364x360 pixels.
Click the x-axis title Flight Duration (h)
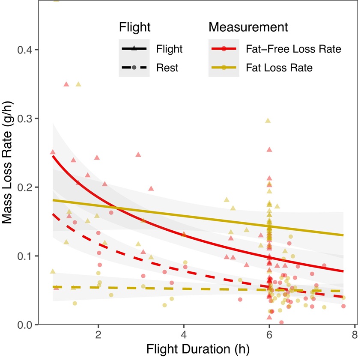point(197,349)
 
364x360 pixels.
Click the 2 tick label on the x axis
point(98,334)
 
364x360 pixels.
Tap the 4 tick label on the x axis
point(184,334)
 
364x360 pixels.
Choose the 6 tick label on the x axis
point(269,334)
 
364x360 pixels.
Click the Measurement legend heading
point(248,27)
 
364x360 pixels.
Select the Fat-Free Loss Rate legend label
point(293,49)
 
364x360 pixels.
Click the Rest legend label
point(167,67)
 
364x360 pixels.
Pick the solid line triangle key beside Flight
point(134,49)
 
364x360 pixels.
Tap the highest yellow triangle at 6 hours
point(268,121)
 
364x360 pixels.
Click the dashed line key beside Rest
point(134,67)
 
